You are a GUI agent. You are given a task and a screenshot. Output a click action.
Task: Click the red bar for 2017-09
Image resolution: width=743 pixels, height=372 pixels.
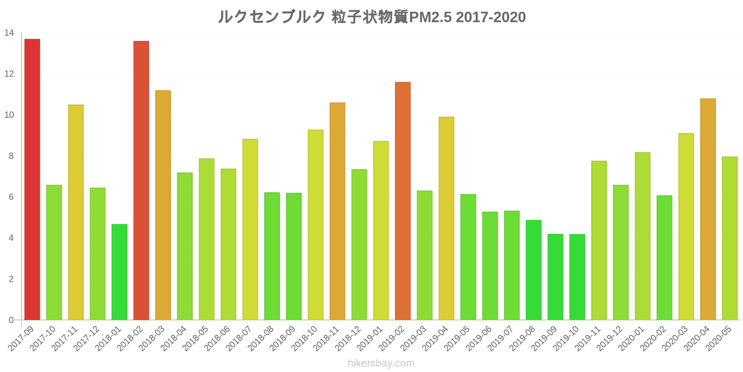click(32, 179)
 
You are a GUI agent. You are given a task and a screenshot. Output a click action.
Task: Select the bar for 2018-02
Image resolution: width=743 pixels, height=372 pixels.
click(141, 180)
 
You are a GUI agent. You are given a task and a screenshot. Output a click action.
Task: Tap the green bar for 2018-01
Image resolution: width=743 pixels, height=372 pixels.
click(119, 272)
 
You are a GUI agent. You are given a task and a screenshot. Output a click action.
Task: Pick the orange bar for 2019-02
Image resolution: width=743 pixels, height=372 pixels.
click(403, 201)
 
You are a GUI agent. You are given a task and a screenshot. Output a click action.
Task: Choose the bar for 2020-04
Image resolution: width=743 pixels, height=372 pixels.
click(708, 209)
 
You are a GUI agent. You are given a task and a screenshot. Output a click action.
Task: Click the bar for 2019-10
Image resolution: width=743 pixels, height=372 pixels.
click(577, 277)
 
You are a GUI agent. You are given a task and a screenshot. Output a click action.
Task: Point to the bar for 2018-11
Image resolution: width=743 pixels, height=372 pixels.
click(338, 212)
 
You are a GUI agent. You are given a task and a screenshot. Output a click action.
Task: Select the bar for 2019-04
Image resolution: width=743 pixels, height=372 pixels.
click(446, 219)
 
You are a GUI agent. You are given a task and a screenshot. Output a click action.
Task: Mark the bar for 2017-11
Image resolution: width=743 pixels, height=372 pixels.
click(76, 213)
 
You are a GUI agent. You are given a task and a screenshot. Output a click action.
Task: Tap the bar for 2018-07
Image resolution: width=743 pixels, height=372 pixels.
click(250, 230)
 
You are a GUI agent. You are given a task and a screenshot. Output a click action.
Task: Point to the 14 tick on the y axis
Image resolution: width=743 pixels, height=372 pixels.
click(9, 33)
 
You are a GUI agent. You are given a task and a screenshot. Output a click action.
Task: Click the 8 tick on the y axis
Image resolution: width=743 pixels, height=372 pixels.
click(11, 156)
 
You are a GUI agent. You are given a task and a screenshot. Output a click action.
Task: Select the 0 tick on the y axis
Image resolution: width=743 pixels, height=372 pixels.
click(11, 320)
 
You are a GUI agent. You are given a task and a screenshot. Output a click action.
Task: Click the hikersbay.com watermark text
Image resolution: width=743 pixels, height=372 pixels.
click(381, 363)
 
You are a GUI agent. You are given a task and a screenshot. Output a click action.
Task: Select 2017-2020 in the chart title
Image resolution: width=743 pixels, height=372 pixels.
click(491, 17)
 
